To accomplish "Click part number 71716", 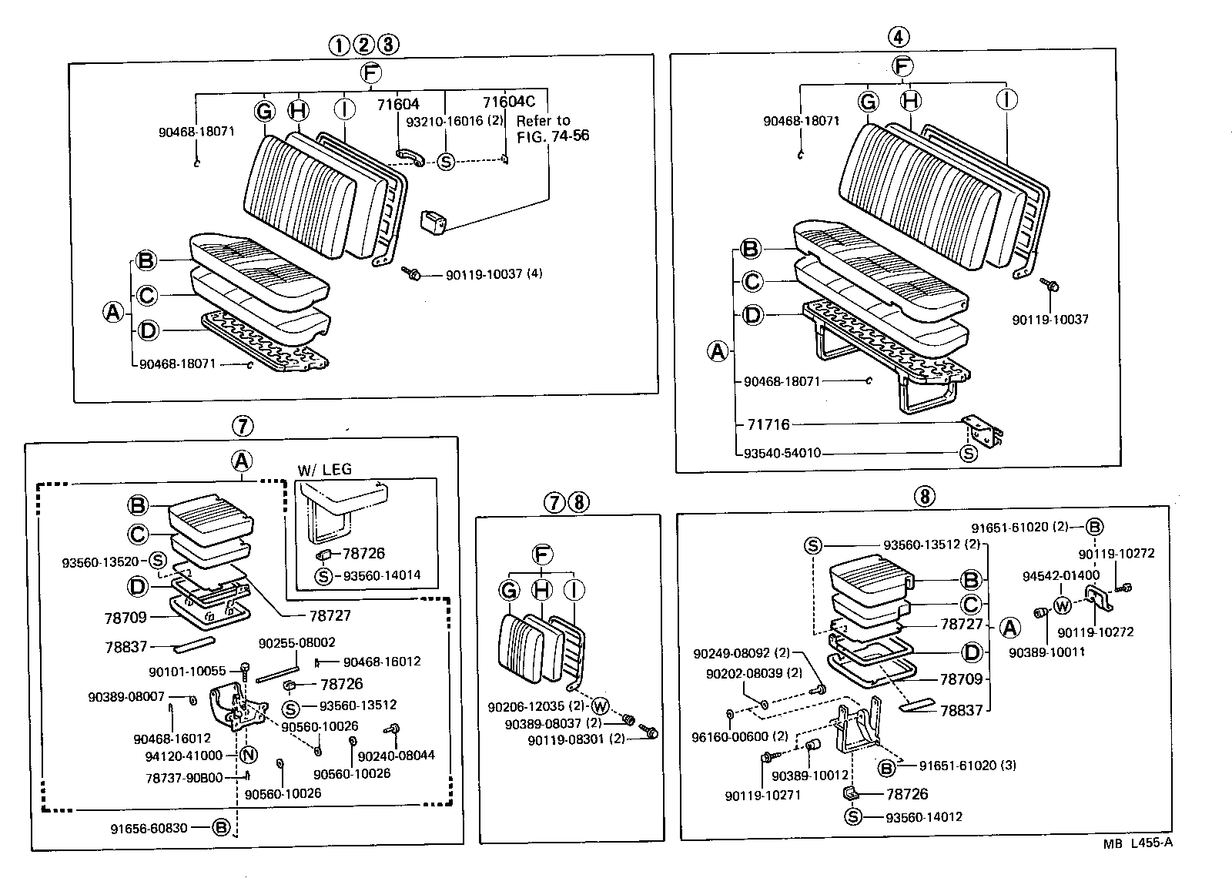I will (768, 424).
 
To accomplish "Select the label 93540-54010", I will (782, 453).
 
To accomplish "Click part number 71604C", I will (508, 102).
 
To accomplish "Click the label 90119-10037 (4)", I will (494, 273).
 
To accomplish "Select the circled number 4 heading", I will (898, 36).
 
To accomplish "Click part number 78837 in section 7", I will (125, 647).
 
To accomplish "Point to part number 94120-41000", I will (183, 756).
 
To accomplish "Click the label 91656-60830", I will (149, 828).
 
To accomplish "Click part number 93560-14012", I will (923, 817).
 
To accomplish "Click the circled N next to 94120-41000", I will (248, 755).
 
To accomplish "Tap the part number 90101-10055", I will (186, 671).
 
